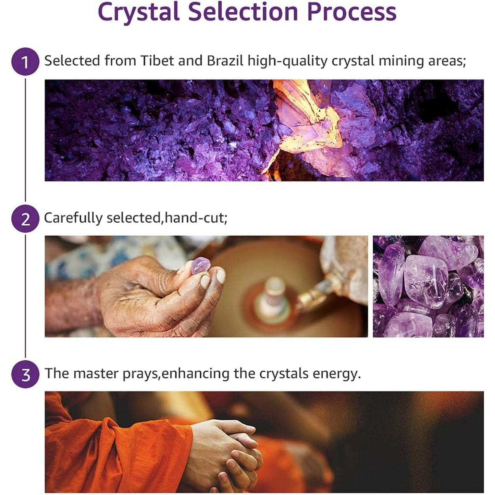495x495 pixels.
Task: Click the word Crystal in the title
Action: [x=139, y=12]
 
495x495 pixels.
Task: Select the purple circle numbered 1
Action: [x=25, y=62]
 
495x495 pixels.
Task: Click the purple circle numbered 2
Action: [x=25, y=219]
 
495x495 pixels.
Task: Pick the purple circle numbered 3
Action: [x=25, y=374]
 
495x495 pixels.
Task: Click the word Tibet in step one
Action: [x=157, y=61]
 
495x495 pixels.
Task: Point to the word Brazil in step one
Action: [x=225, y=61]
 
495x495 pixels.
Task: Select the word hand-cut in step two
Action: [x=196, y=218]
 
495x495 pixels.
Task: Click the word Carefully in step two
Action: [x=73, y=218]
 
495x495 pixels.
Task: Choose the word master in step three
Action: [x=96, y=373]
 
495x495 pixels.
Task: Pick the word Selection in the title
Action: [x=243, y=12]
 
